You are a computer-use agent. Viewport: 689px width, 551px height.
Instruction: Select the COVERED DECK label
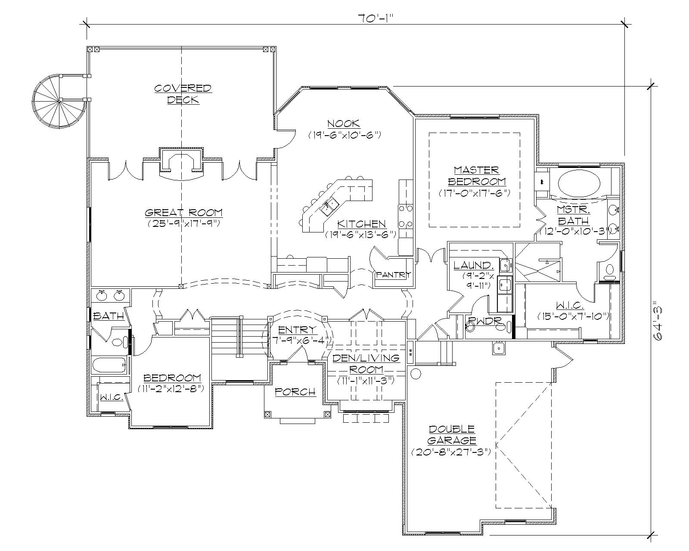[x=183, y=94]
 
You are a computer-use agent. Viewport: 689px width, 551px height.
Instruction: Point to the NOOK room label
[x=344, y=124]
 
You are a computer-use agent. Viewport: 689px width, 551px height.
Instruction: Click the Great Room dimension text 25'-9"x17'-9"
[x=184, y=223]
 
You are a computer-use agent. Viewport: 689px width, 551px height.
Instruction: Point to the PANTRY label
[x=394, y=275]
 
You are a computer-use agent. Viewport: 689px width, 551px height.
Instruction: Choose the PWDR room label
[x=478, y=321]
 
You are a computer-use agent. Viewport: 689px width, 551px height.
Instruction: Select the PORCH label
[x=295, y=392]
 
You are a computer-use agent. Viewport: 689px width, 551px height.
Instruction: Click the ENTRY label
[x=297, y=330]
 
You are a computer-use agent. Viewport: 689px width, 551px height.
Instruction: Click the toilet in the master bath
[x=609, y=272]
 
